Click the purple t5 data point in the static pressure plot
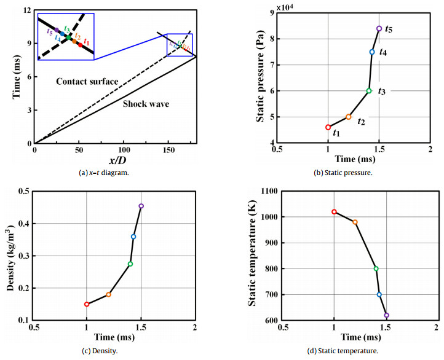pos(379,28)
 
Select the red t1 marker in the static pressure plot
pos(328,127)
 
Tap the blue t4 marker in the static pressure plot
pos(372,52)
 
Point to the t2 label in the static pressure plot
pos(361,122)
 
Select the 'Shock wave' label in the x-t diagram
pos(145,104)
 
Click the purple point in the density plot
pos(141,206)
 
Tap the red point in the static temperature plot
pos(334,212)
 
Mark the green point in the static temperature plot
pos(376,268)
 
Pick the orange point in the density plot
pos(108,295)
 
